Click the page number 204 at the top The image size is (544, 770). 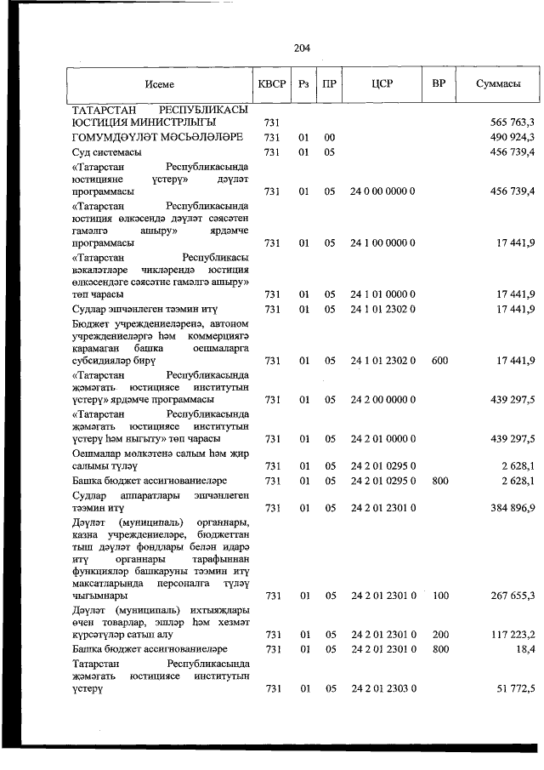pyautogui.click(x=302, y=48)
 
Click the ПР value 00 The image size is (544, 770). pyautogui.click(x=330, y=137)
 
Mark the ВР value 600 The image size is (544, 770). pyautogui.click(x=439, y=361)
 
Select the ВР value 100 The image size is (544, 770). pyautogui.click(x=439, y=596)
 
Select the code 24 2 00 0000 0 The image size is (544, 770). pyautogui.click(x=382, y=399)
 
